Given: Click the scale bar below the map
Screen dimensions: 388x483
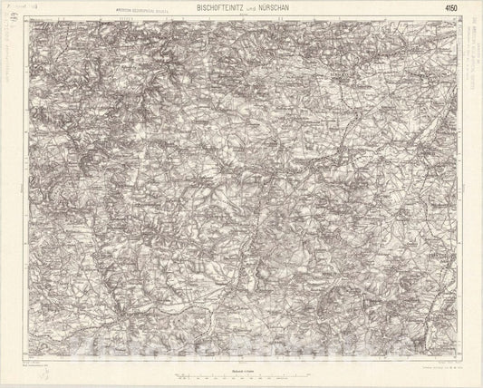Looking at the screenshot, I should click(x=241, y=377).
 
